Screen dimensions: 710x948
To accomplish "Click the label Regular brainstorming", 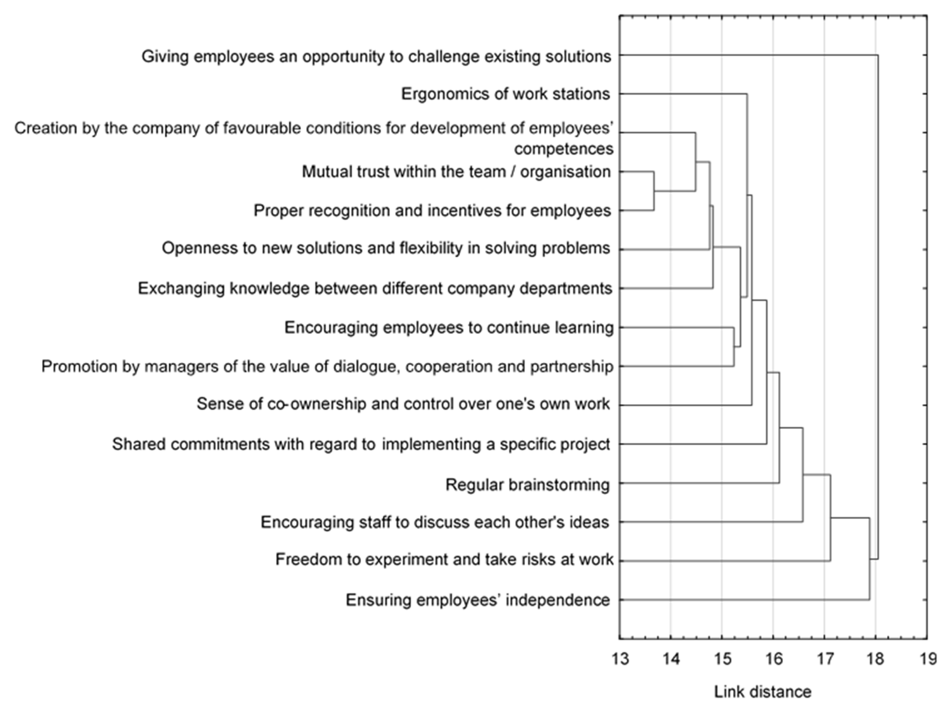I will tap(527, 485).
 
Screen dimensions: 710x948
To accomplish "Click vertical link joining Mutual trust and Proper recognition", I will tap(654, 191).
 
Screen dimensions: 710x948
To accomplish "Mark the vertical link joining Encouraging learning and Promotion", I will tap(734, 347).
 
